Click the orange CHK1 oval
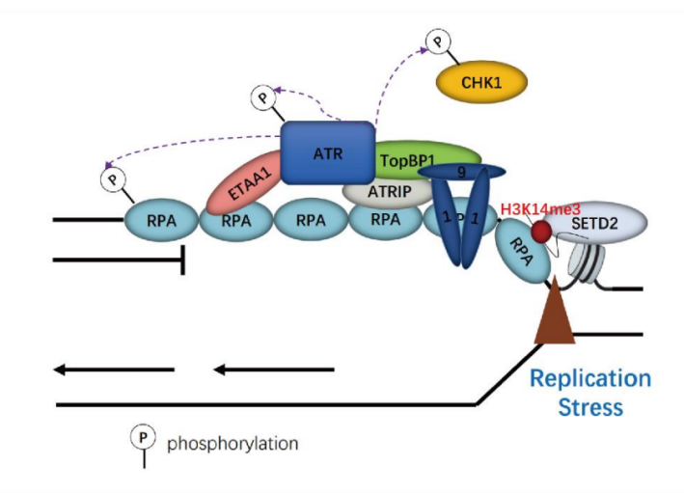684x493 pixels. point(482,83)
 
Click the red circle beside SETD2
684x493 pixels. point(542,232)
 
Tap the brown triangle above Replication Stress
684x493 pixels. point(556,317)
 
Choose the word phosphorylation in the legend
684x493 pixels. point(233,444)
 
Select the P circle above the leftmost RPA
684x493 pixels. point(114,179)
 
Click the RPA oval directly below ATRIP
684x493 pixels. point(385,221)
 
